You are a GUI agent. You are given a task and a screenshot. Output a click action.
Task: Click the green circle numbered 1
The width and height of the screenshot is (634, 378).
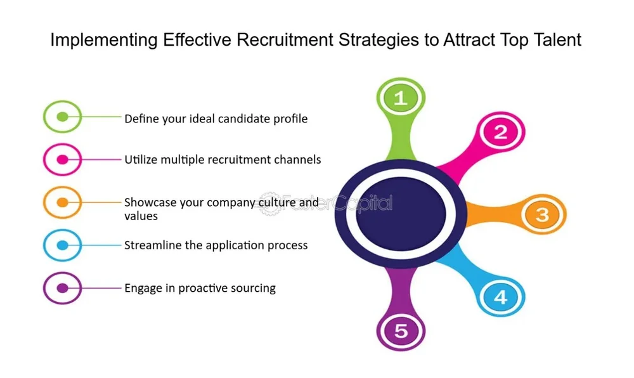click(400, 98)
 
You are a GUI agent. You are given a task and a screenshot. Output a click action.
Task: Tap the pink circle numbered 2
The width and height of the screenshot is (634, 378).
click(501, 133)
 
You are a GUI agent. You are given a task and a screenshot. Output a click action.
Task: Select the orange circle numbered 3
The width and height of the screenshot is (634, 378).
click(542, 214)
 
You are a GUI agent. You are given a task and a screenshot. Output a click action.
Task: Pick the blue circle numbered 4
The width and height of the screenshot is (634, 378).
click(501, 297)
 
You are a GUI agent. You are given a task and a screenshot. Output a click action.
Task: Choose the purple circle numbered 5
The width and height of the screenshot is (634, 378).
click(400, 330)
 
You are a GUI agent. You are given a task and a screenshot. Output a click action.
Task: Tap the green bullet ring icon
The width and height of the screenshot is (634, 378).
click(62, 117)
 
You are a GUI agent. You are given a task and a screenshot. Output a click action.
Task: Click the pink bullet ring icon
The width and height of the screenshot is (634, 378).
click(62, 160)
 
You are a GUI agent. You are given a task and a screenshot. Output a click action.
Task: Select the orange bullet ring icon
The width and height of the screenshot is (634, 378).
click(62, 202)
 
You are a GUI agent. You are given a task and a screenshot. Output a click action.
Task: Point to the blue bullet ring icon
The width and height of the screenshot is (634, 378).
click(62, 245)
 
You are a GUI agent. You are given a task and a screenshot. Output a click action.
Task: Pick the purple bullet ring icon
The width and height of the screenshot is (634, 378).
click(62, 288)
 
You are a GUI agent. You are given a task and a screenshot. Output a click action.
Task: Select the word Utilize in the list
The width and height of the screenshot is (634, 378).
click(141, 159)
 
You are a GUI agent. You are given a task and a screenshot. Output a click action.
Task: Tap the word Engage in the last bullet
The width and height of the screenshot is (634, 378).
click(142, 289)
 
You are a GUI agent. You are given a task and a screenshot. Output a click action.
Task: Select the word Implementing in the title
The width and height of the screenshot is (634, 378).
click(103, 41)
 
